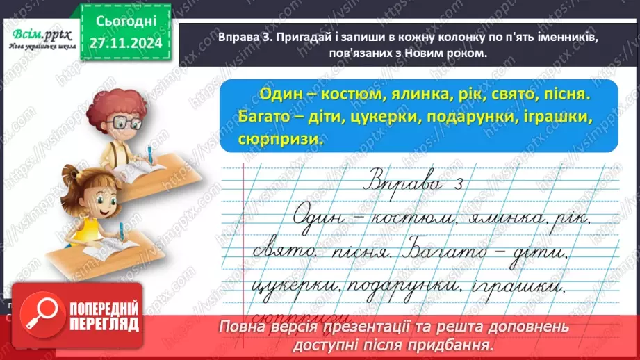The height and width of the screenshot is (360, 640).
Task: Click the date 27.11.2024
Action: (x=124, y=44)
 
